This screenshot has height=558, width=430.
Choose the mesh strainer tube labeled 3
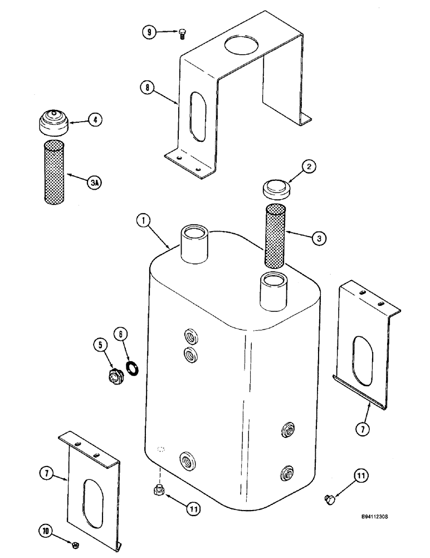click(275, 235)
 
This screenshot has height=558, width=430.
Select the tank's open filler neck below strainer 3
click(273, 288)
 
